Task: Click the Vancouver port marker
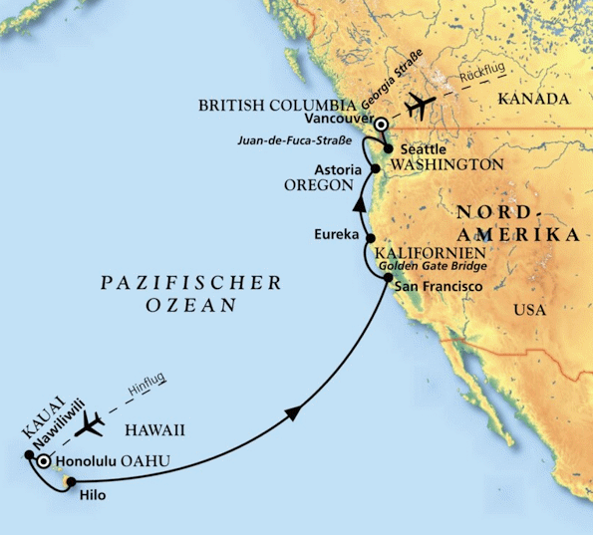381,123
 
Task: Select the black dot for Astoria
375,170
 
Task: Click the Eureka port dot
371,238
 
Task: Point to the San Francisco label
439,287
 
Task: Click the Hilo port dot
69,482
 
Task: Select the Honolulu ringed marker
43,463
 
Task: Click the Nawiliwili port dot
28,455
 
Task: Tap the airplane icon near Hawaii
90,425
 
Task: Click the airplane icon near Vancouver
420,104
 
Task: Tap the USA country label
529,310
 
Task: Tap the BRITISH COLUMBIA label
276,105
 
